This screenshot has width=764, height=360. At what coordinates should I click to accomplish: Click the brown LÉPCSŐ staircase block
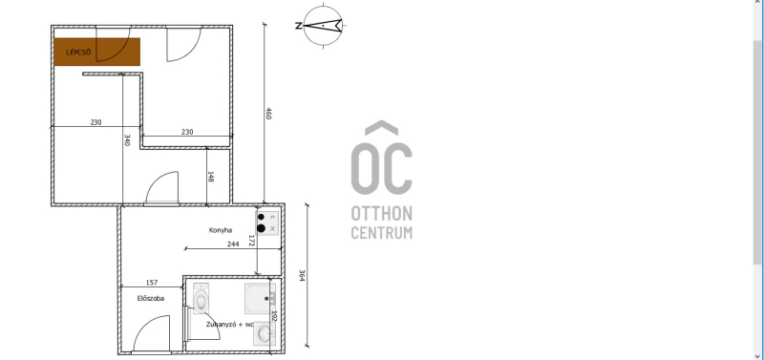[97, 52]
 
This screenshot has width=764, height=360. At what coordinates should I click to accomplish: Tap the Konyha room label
[221, 230]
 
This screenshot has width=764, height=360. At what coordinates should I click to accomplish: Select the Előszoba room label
[151, 298]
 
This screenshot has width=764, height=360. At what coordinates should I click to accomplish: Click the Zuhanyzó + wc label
[229, 324]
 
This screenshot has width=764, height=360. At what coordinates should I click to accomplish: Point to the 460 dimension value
[268, 113]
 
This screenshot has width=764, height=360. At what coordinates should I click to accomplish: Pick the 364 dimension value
[302, 276]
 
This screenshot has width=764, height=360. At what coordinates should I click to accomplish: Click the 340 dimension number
[127, 139]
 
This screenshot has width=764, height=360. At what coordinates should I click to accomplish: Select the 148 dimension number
[210, 177]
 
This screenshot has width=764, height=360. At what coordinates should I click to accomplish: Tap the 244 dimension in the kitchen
[233, 244]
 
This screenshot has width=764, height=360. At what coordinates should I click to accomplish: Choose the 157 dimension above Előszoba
[152, 283]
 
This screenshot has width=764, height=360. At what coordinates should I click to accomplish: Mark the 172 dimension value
[251, 241]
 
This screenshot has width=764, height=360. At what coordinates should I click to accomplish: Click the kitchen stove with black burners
[267, 223]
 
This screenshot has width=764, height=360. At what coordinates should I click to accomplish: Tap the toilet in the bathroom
[201, 298]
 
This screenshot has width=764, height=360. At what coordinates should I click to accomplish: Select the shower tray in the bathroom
[260, 298]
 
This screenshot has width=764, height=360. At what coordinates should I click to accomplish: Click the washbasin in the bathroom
[265, 333]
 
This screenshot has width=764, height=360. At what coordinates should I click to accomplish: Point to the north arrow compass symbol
[323, 26]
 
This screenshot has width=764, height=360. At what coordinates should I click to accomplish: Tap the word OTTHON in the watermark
[381, 213]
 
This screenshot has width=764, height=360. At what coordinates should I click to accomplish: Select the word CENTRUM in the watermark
[381, 232]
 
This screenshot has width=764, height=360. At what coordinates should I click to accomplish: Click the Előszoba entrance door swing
[152, 333]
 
